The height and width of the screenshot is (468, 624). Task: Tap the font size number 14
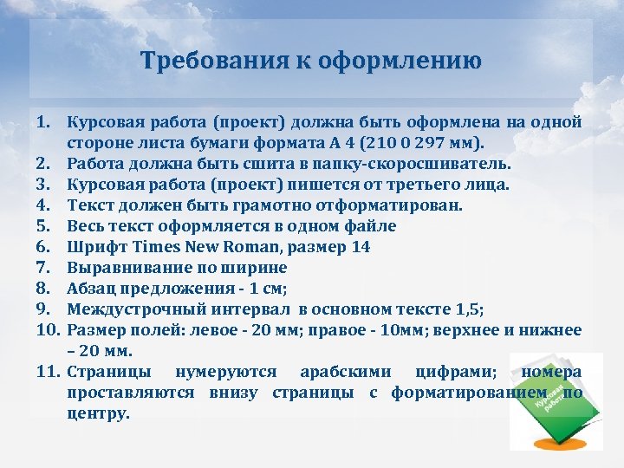coord(361,246)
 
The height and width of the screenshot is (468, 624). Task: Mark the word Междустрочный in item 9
coord(128,309)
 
